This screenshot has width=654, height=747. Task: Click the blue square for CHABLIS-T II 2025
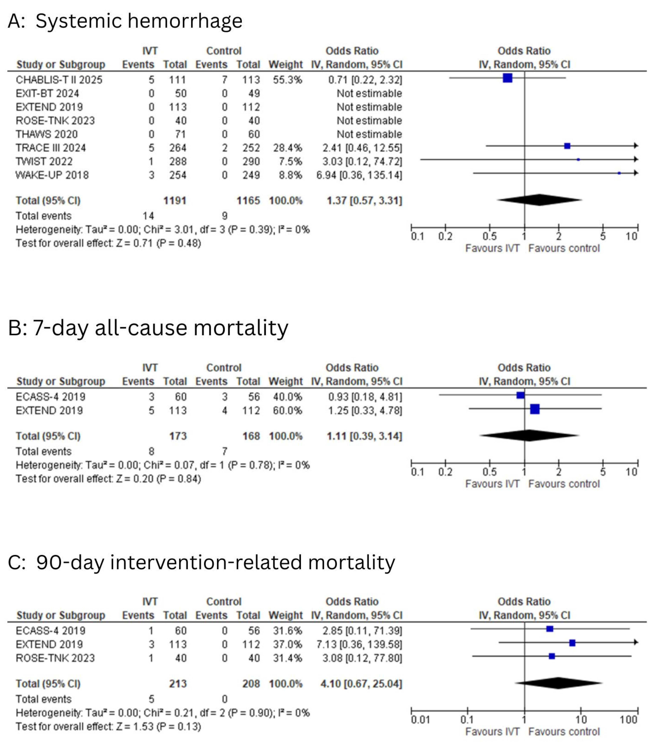pos(507,78)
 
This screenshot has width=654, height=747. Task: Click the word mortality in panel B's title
pos(241,327)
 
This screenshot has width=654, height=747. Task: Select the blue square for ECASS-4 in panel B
pos(520,395)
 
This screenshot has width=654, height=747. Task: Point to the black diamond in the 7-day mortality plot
pos(529,435)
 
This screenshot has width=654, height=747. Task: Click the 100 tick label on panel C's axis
pos(628,720)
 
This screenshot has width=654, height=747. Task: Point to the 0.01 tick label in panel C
pos(420,720)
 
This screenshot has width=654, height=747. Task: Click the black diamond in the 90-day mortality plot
pos(558,683)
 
